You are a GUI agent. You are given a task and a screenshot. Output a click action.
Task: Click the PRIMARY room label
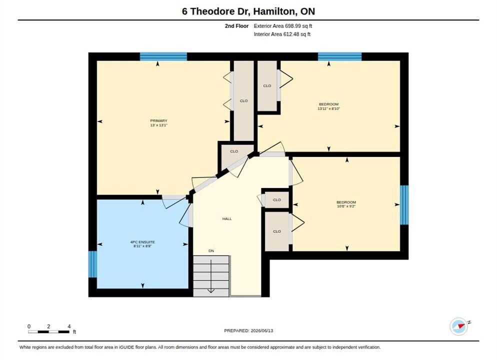[x=159, y=120]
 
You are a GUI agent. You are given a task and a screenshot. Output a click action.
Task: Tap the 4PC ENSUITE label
[x=142, y=242]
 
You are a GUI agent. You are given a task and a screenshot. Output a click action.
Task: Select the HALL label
[x=227, y=218]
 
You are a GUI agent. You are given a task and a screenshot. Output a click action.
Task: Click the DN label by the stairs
[x=211, y=250]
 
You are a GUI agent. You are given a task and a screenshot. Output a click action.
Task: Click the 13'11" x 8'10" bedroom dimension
[x=328, y=108]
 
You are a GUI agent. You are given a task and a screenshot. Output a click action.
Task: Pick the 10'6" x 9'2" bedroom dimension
[x=346, y=206]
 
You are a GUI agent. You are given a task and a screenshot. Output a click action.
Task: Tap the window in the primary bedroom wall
[x=163, y=56]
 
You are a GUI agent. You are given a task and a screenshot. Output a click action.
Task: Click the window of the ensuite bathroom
[x=92, y=264]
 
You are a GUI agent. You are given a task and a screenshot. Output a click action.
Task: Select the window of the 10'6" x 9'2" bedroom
[x=404, y=205]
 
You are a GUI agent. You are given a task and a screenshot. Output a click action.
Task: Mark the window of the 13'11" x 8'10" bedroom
[x=340, y=56]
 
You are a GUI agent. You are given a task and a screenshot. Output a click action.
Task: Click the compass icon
[x=458, y=326]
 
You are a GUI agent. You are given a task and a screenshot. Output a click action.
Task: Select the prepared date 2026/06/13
[x=262, y=330]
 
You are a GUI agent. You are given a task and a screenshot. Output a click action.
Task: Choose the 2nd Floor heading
[x=237, y=26]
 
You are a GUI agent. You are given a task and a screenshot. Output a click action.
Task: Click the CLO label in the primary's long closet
[x=243, y=101]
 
